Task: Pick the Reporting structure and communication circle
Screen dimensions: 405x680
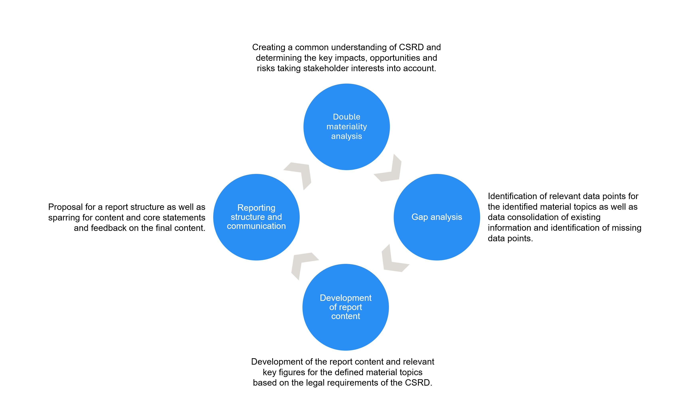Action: [256, 240]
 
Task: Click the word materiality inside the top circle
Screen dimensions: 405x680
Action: [346, 127]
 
